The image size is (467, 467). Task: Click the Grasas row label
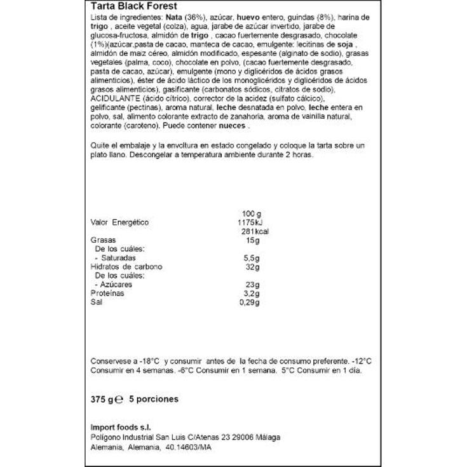point(103,241)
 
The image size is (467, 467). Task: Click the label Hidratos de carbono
point(126,267)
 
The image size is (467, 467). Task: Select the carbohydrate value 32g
point(253,267)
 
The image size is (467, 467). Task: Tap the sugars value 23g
point(253,285)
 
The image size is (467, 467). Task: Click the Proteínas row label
point(108,294)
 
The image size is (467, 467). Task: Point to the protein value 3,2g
point(252,294)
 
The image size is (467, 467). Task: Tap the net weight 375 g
point(102,400)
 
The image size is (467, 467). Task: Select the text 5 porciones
point(154,400)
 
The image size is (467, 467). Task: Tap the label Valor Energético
point(120,222)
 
